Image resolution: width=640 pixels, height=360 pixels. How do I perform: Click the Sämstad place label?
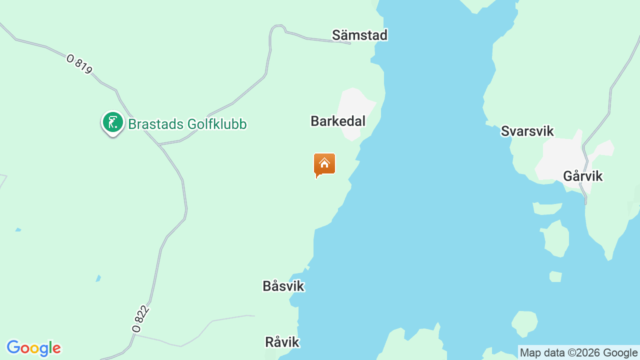359,35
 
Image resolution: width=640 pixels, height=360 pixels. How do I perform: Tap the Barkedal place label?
338,121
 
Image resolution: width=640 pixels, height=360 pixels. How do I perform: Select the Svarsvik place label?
527,131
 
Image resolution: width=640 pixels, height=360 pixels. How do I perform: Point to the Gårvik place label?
582,176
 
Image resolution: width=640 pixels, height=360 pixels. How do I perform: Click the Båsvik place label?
283,286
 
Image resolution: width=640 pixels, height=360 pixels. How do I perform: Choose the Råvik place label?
282,342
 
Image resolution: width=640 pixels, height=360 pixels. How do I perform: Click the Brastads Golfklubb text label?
187,124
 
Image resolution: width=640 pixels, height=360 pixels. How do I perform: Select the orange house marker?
324,164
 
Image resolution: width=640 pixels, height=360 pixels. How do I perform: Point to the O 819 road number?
79,64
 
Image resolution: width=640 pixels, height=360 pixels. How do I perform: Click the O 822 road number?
140,319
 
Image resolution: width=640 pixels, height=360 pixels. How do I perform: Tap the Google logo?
33,348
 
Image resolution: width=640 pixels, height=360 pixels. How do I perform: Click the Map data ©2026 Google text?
578,352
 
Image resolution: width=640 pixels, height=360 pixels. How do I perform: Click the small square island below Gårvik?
555,276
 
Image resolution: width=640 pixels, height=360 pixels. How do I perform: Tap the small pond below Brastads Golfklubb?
98,278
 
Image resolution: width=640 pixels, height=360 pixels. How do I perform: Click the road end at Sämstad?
349,43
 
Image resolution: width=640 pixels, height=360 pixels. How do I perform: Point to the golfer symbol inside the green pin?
113,122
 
